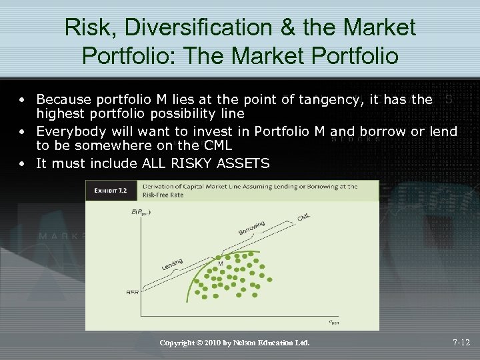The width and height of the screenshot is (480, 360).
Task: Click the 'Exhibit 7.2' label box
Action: point(111,190)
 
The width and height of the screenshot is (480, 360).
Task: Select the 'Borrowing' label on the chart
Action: point(251,227)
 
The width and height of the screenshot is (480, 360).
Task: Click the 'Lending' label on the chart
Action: point(172,265)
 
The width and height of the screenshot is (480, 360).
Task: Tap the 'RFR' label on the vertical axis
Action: point(132,293)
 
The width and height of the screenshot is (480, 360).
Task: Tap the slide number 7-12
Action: point(461,343)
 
